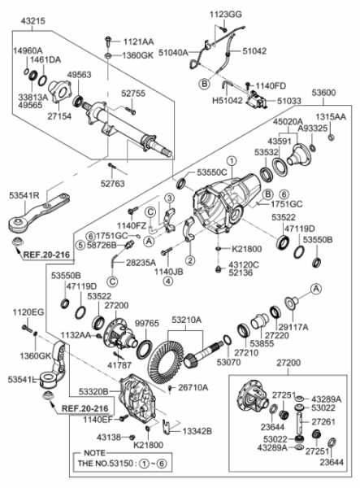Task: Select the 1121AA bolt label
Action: [137, 40]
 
